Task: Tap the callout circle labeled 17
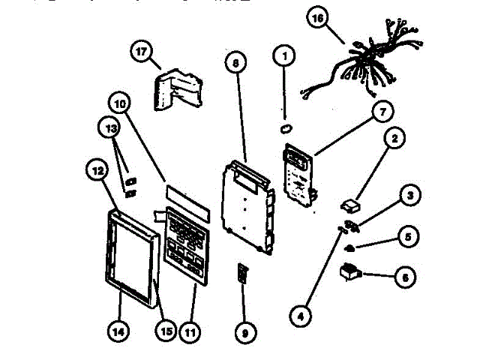click(x=140, y=52)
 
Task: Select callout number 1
click(x=284, y=55)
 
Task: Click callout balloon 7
click(x=382, y=113)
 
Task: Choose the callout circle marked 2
click(x=395, y=139)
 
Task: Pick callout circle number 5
click(x=407, y=238)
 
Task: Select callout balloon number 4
click(x=301, y=316)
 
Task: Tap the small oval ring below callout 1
click(x=285, y=127)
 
